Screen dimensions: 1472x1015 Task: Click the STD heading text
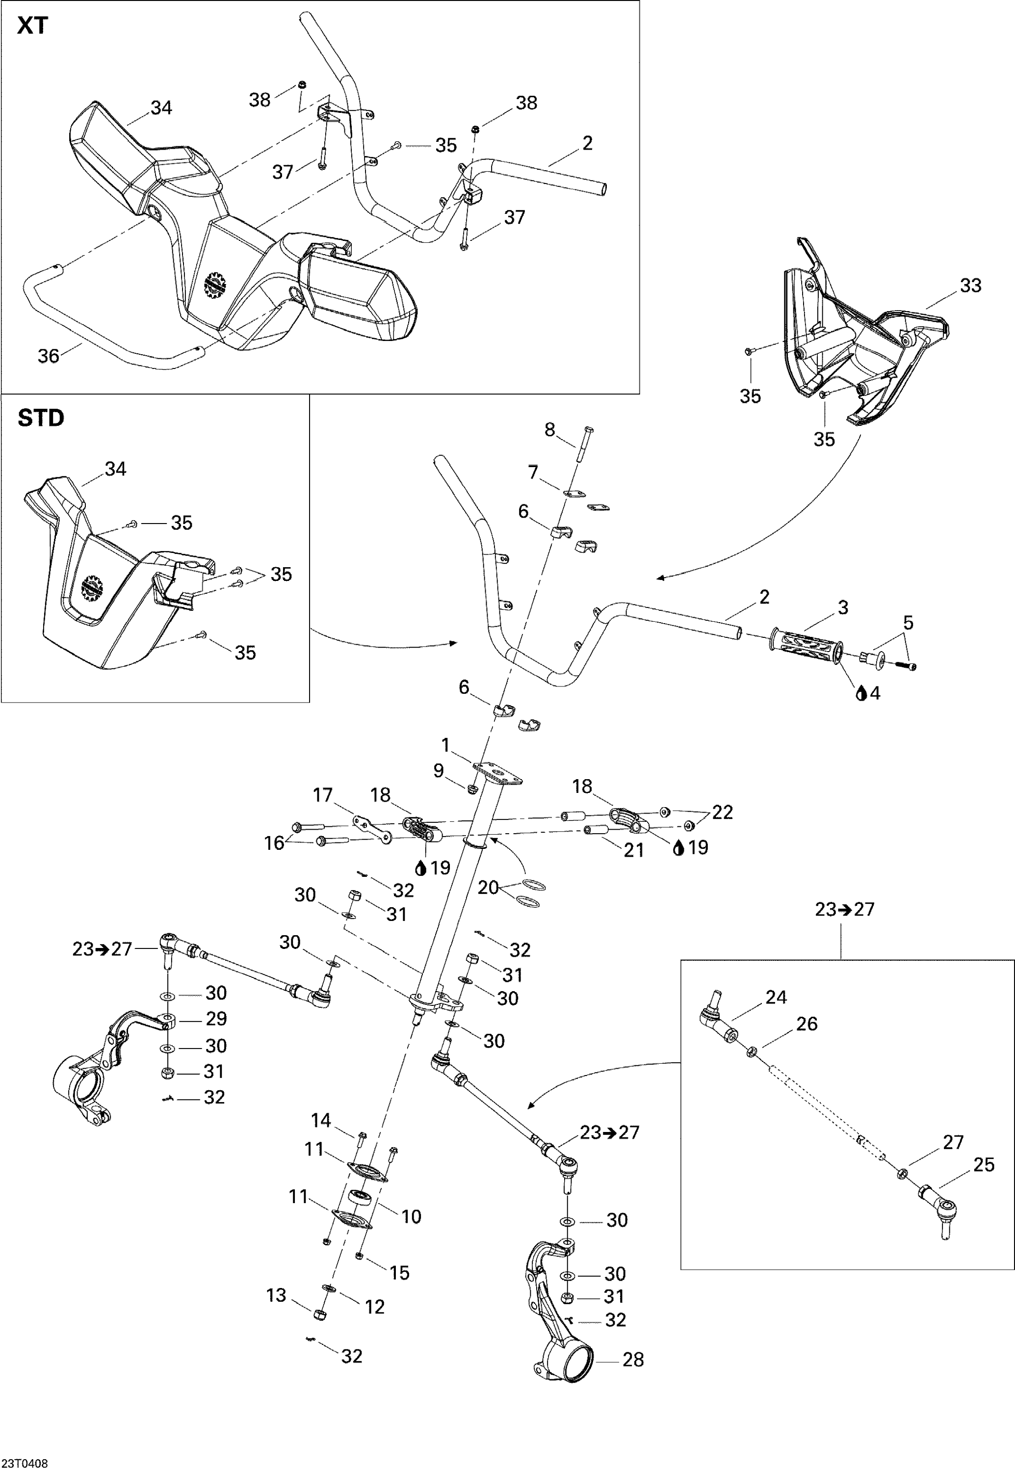[x=41, y=418]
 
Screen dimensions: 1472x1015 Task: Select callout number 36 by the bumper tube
[x=49, y=356]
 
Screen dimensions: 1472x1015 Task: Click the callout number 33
[x=970, y=286]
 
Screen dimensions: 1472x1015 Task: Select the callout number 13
[x=276, y=1295]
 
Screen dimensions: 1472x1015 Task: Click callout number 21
[x=633, y=850]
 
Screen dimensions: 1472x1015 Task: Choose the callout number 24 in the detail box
[x=776, y=997]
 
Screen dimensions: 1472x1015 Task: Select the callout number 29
[x=216, y=1019]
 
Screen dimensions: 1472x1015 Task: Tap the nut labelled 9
[x=472, y=789]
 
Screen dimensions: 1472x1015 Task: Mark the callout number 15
[x=399, y=1272]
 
